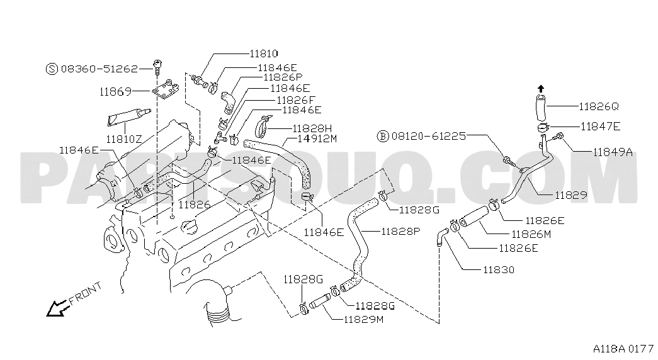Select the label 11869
pyautogui.click(x=115, y=91)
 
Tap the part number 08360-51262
pyautogui.click(x=99, y=69)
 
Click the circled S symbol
pyautogui.click(x=51, y=69)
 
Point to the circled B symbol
pyautogui.click(x=383, y=136)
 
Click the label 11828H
pyautogui.click(x=312, y=128)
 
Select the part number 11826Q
pyautogui.click(x=599, y=106)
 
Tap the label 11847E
pyautogui.click(x=601, y=127)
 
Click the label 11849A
pyautogui.click(x=613, y=152)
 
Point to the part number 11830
pyautogui.click(x=499, y=269)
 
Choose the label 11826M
pyautogui.click(x=531, y=234)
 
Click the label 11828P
pyautogui.click(x=400, y=231)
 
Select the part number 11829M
pyautogui.click(x=363, y=319)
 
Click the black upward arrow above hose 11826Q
pyautogui.click(x=541, y=89)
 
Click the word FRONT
pyautogui.click(x=86, y=293)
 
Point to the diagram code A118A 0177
pyautogui.click(x=623, y=349)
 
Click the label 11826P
pyautogui.click(x=283, y=77)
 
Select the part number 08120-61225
pyautogui.click(x=428, y=136)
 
